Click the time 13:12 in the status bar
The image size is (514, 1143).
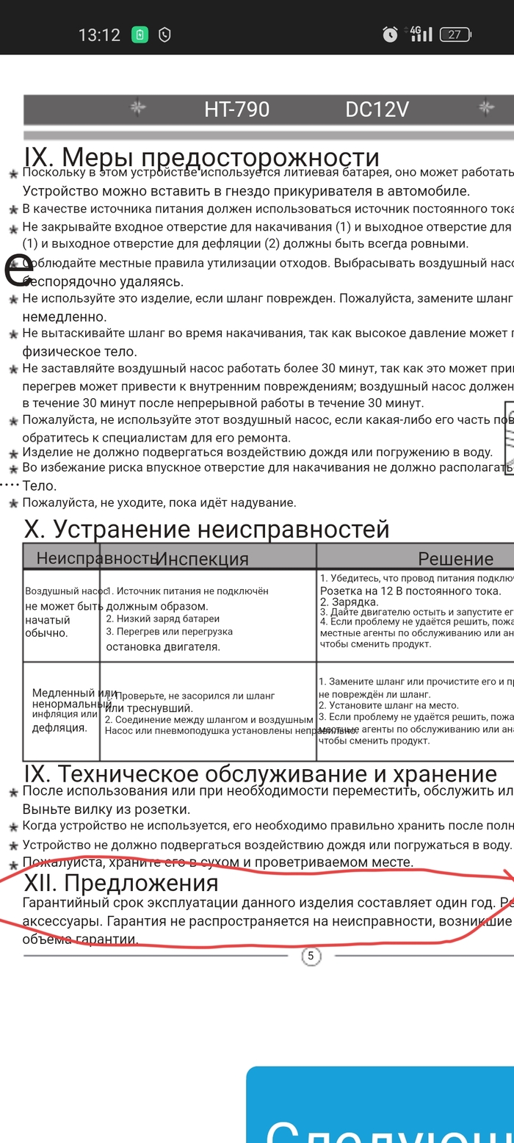(x=99, y=35)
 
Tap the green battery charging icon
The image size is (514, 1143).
(x=140, y=35)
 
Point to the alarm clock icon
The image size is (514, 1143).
(x=390, y=34)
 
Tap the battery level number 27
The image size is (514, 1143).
(x=455, y=35)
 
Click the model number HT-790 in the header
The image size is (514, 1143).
(x=236, y=109)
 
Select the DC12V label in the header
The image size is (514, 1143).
(x=377, y=109)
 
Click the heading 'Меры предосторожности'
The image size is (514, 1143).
(x=220, y=157)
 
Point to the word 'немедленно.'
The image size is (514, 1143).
(x=65, y=317)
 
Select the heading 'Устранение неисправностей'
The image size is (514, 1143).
(x=220, y=529)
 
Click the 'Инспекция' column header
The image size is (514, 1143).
(x=203, y=559)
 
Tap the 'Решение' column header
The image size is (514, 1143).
(x=455, y=559)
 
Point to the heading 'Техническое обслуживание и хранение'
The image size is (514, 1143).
(x=277, y=774)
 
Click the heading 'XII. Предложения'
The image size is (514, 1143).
(x=121, y=882)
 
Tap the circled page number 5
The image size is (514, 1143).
(x=311, y=956)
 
